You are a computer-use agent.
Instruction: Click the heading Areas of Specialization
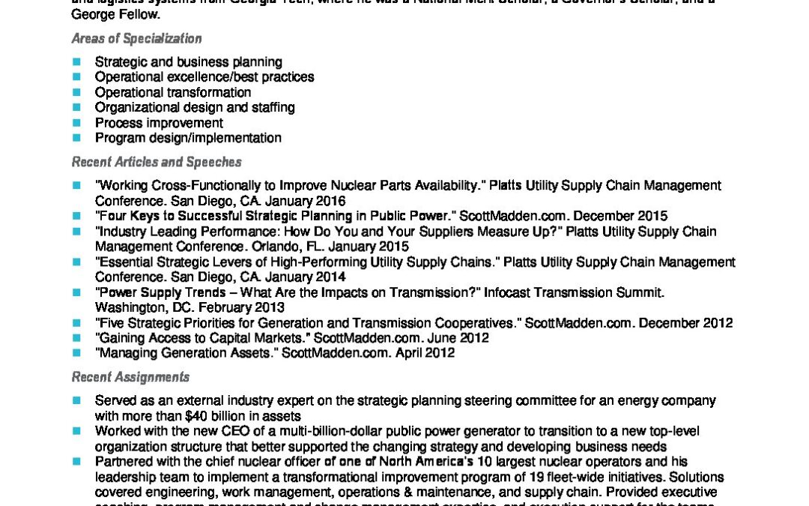point(136,38)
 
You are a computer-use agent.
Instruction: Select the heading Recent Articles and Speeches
point(156,161)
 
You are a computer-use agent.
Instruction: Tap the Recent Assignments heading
point(130,377)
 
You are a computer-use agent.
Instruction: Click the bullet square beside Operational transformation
point(76,92)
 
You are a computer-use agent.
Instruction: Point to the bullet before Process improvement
point(76,123)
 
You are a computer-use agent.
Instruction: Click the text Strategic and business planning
point(188,61)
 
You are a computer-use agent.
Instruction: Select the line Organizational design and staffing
point(195,107)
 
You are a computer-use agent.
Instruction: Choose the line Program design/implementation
point(188,138)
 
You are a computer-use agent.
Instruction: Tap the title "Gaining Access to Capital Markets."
point(203,338)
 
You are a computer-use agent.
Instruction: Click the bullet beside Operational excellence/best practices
point(76,76)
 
